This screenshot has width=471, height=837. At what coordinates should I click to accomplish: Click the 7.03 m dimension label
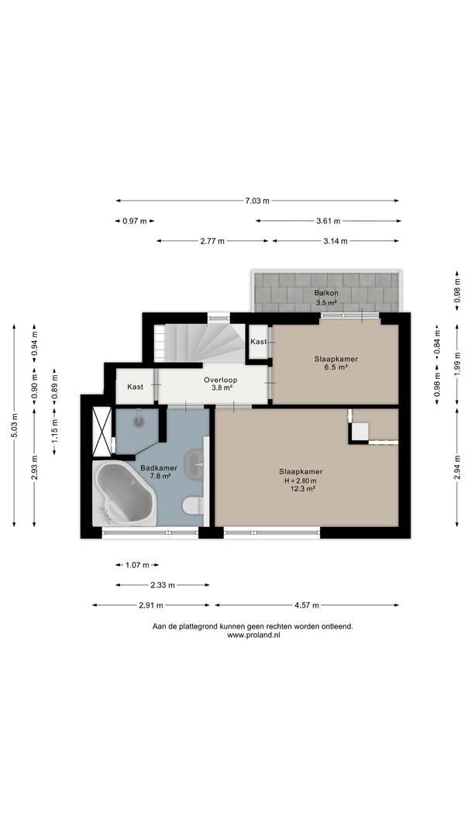click(257, 201)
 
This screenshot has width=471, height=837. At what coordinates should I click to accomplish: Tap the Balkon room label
click(326, 292)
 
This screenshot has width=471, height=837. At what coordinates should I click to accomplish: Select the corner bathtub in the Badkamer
click(124, 494)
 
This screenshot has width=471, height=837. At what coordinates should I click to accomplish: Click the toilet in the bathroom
click(193, 505)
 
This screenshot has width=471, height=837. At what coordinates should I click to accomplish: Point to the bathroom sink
click(194, 464)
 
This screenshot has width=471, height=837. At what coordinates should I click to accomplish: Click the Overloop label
click(220, 380)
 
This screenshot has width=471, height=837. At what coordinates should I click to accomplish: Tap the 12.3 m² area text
click(301, 488)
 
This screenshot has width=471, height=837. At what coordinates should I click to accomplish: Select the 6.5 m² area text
click(336, 367)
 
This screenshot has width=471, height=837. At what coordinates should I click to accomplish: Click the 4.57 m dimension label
click(306, 605)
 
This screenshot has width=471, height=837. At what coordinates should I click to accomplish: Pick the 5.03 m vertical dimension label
click(14, 425)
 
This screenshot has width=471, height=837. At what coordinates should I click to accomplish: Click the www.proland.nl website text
click(253, 635)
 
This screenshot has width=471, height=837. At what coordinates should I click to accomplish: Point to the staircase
click(200, 343)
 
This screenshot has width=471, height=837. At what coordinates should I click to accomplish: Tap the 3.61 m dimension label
click(328, 220)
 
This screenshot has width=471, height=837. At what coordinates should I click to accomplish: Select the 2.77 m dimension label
click(212, 241)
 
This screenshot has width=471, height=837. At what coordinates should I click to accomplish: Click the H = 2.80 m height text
click(301, 480)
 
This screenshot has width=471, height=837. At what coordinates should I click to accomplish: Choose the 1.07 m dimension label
click(136, 565)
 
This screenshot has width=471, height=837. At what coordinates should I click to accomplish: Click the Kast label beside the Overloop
click(135, 387)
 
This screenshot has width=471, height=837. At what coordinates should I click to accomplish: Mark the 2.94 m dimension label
click(457, 467)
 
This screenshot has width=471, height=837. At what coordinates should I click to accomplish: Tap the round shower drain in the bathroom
click(139, 422)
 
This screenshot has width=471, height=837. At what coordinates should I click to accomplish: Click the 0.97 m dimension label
click(135, 220)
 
